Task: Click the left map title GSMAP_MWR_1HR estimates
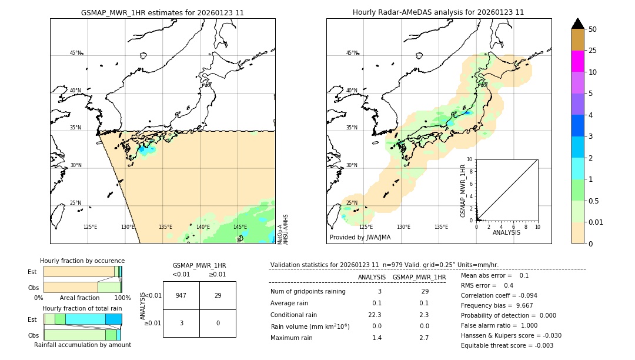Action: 162,12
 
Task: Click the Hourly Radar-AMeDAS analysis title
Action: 438,12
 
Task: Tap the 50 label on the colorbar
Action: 593,29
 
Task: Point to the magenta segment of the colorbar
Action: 577,61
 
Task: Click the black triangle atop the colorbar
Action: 577,24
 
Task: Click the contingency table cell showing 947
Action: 181,295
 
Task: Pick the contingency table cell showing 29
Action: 218,295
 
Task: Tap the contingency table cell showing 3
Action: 181,323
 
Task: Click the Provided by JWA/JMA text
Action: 360,238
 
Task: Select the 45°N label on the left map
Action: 76,53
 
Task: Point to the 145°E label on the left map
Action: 240,227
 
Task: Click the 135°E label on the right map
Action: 441,227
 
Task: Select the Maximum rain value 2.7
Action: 424,338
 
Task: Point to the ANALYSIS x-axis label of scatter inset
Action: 507,233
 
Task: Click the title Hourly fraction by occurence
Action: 82,261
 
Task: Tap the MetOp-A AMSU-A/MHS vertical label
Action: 283,229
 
